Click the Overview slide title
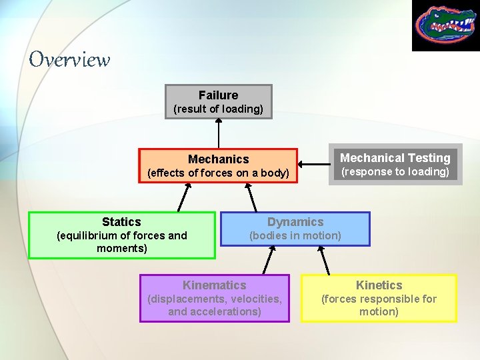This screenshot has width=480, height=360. coord(69,60)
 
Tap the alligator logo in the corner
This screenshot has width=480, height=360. coord(445,25)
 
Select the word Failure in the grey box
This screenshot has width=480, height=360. coord(218,95)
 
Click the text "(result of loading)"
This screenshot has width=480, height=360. coord(218,109)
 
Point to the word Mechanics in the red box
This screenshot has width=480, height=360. coord(218,159)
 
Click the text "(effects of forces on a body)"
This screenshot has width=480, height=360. coord(218,173)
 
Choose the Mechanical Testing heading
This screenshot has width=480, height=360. coord(395,158)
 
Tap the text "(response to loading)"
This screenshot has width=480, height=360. coord(395,172)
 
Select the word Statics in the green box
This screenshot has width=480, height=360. coord(121,222)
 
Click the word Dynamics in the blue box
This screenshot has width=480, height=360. coord(295,222)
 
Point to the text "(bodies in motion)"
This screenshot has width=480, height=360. coord(295,235)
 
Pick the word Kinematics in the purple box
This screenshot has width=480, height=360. coord(214,285)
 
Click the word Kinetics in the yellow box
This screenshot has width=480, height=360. coord(379,285)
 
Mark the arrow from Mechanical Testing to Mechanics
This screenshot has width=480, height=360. coord(313,164)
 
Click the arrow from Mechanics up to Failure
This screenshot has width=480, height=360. coord(218,133)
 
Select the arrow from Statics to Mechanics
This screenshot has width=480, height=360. coord(183,197)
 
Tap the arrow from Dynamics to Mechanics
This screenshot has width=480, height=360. coord(252,197)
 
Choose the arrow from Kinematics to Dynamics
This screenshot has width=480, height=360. coord(269,259)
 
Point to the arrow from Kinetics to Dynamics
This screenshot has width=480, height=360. coord(324,259)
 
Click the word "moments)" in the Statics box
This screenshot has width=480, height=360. coord(121,249)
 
